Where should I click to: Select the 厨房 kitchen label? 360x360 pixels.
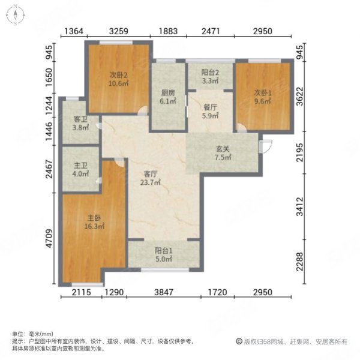tap(168, 93)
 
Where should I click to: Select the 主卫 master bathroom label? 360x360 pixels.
tap(81, 168)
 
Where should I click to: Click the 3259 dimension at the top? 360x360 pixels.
tap(120, 31)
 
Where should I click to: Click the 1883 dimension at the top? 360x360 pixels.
tap(169, 31)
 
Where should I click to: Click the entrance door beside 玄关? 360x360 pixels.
tap(266, 144)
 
